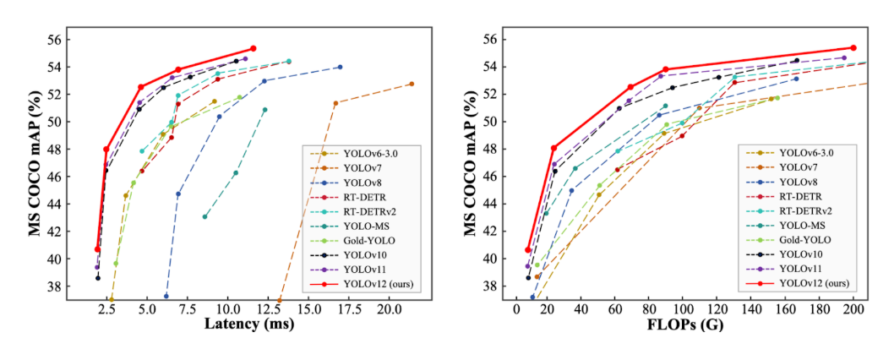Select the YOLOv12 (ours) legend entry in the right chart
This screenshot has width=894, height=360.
[x=814, y=283]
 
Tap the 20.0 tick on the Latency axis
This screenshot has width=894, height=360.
[x=389, y=310]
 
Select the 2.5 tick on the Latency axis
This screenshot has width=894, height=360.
[x=106, y=310]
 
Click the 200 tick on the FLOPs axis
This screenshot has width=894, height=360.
[x=853, y=310]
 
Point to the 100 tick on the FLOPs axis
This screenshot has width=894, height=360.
[x=684, y=310]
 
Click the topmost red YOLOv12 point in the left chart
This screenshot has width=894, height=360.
[x=253, y=48]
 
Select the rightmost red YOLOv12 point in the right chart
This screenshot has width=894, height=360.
[x=853, y=48]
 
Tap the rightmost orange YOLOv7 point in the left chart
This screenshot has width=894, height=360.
[x=412, y=84]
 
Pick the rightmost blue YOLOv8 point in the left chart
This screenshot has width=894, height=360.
[x=340, y=67]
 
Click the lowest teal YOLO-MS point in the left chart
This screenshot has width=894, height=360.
[x=204, y=216]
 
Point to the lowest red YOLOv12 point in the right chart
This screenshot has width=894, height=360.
[x=528, y=249]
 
